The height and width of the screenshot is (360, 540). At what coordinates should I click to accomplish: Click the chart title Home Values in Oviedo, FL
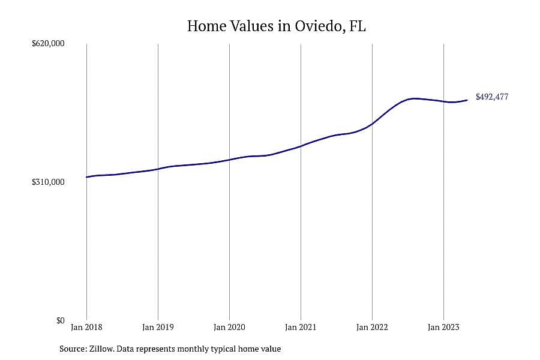pos(276,26)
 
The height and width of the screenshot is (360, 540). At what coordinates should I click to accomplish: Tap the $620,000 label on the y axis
pos(48,43)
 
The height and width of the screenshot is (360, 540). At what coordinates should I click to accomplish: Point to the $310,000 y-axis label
pos(48,182)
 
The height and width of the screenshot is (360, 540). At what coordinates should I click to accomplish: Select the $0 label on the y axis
pos(60,320)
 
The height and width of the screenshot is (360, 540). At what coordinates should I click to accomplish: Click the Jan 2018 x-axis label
pos(86,327)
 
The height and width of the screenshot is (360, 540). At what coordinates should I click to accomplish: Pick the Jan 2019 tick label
pos(158,327)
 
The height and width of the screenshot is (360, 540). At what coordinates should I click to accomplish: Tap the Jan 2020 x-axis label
pos(229,327)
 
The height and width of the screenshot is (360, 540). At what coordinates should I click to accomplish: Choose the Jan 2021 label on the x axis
pos(301,327)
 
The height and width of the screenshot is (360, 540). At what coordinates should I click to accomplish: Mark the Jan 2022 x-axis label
pos(372,327)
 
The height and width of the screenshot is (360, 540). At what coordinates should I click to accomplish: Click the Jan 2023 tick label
pos(443,327)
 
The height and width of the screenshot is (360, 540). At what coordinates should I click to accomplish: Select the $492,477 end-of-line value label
pos(492,97)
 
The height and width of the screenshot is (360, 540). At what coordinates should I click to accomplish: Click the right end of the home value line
pos(467,100)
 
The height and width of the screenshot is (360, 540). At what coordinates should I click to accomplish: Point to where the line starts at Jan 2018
pos(86,177)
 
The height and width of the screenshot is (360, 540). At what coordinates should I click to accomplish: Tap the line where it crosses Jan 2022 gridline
pos(372,124)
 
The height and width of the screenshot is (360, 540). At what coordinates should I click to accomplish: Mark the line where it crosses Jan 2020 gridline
pos(229,160)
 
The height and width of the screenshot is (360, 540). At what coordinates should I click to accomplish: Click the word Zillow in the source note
pos(101,349)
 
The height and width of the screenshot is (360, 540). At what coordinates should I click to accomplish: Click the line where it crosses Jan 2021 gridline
pos(301,146)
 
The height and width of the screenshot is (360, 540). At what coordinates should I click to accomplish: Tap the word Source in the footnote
pos(73,349)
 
